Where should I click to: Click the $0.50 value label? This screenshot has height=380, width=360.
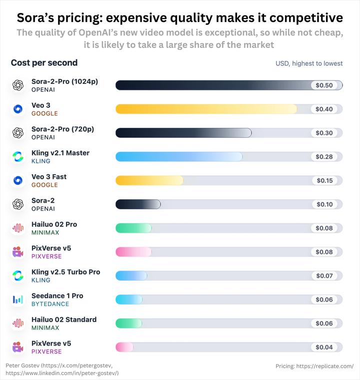(324, 85)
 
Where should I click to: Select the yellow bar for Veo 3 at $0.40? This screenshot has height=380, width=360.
(206, 109)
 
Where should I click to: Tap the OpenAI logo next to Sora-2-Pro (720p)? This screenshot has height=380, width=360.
(18, 132)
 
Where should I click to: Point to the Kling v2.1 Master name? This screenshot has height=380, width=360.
(60, 153)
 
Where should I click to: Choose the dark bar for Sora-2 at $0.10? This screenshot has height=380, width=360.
(138, 204)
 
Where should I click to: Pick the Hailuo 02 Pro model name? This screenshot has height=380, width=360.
(54, 224)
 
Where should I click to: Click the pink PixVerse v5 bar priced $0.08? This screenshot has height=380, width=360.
(133, 252)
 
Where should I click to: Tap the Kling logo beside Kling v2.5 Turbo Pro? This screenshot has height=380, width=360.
(18, 275)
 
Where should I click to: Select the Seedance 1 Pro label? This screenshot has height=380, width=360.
(57, 296)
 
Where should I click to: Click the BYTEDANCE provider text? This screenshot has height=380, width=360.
(50, 304)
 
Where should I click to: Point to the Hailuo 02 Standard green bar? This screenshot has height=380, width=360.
(129, 323)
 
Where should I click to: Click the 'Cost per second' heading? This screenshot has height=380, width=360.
(44, 63)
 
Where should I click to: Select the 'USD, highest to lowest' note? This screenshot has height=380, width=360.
(309, 63)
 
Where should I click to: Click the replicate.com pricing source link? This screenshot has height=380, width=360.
(314, 366)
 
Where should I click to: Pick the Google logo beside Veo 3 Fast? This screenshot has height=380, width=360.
(18, 180)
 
